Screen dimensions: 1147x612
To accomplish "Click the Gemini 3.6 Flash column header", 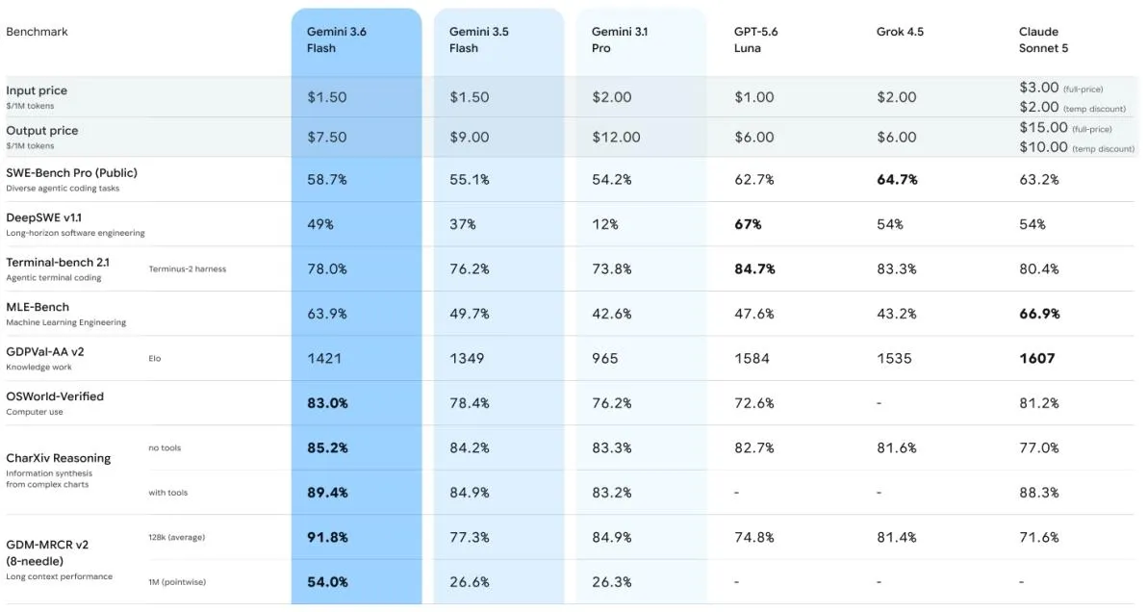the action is pyautogui.click(x=337, y=39).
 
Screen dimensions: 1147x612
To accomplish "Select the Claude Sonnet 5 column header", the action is pyautogui.click(x=1043, y=39).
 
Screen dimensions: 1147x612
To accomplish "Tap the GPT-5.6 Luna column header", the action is pyautogui.click(x=755, y=39).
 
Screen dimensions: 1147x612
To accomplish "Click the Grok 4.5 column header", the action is pyautogui.click(x=900, y=32).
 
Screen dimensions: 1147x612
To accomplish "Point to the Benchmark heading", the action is pyautogui.click(x=37, y=32).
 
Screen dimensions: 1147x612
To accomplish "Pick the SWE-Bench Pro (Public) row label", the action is pyautogui.click(x=71, y=173).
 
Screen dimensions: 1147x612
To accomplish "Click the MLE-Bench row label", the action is pyautogui.click(x=38, y=307).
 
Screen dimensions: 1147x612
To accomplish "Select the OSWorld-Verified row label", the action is pyautogui.click(x=55, y=396).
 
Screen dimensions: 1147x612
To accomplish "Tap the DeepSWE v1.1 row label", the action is pyautogui.click(x=44, y=217).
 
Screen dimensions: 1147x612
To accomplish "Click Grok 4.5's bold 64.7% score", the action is pyautogui.click(x=897, y=179).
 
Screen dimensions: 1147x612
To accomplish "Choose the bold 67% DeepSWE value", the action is pyautogui.click(x=748, y=224).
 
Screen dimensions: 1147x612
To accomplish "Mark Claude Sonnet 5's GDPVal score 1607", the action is pyautogui.click(x=1037, y=358).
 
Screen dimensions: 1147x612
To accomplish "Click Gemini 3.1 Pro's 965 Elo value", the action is pyautogui.click(x=605, y=358).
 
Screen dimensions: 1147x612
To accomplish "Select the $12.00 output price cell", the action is pyautogui.click(x=616, y=138).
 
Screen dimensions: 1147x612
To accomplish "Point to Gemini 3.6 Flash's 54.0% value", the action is pyautogui.click(x=327, y=582).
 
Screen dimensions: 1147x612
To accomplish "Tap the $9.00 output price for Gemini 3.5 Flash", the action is pyautogui.click(x=469, y=138).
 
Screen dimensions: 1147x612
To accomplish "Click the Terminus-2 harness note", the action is pyautogui.click(x=188, y=269).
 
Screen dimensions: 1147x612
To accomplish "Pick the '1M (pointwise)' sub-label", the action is pyautogui.click(x=177, y=582).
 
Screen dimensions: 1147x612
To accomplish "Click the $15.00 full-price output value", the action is pyautogui.click(x=1043, y=127).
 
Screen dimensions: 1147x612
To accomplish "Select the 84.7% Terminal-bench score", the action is pyautogui.click(x=754, y=269).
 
